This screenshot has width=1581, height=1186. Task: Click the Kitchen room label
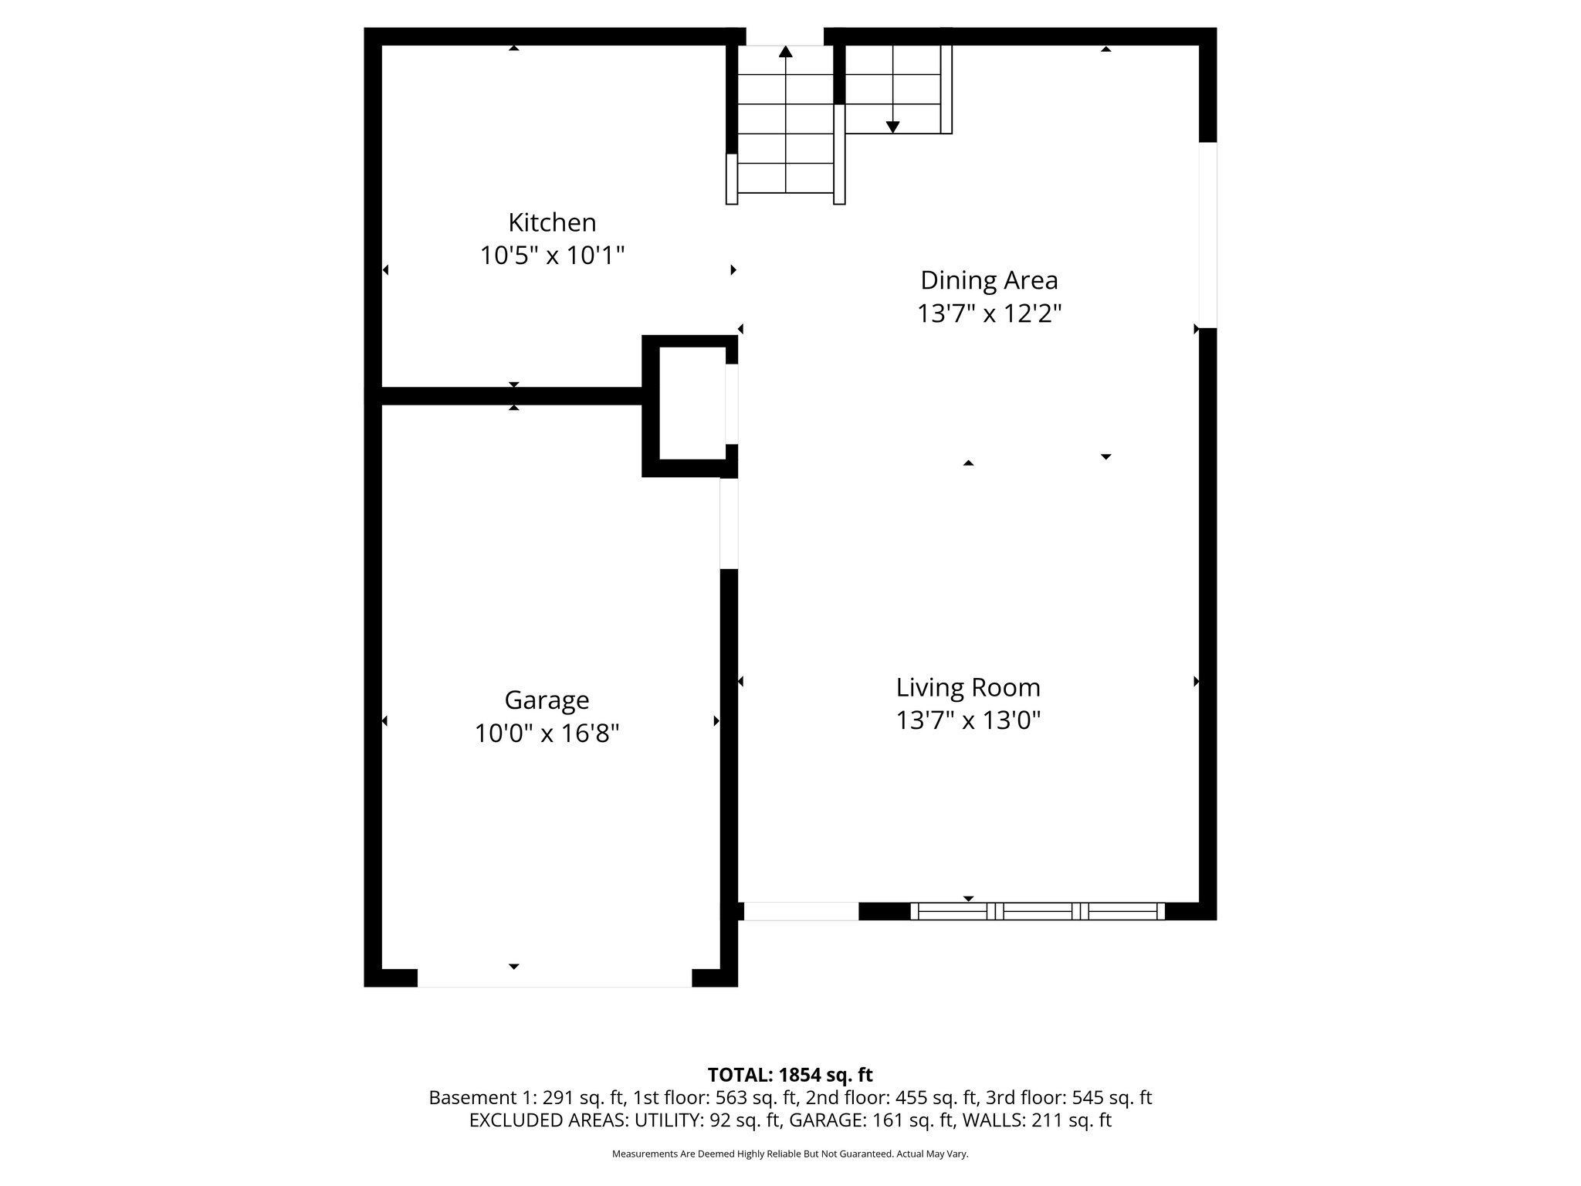(552, 222)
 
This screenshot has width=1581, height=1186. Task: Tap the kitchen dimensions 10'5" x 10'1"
(552, 255)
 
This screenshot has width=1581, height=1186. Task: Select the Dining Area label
(989, 280)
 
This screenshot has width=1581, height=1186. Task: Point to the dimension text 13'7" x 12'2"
(989, 313)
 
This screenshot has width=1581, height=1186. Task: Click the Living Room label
(968, 687)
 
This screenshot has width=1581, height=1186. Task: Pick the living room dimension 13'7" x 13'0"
(968, 720)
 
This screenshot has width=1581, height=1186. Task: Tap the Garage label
(547, 700)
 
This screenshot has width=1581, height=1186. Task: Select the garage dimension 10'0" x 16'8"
(547, 733)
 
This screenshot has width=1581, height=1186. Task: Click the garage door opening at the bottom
(554, 978)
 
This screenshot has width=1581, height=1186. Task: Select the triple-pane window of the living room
(1037, 911)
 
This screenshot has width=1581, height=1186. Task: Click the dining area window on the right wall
(1207, 235)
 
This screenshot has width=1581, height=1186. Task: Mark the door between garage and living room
(729, 524)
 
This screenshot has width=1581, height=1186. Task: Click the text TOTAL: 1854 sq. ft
(790, 1075)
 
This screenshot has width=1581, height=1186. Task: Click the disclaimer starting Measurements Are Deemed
(790, 1154)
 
